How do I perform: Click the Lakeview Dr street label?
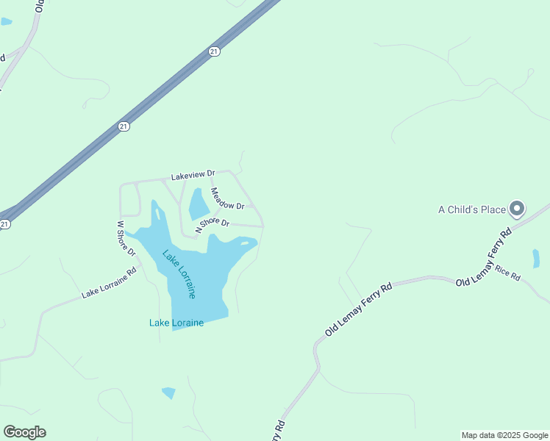tap(193, 176)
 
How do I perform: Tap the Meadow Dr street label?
tap(226, 199)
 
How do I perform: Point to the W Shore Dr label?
tap(126, 238)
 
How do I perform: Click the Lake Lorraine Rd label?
tap(109, 282)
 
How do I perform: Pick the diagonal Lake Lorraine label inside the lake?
tap(179, 274)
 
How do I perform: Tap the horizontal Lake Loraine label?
tap(176, 322)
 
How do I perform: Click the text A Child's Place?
tap(472, 209)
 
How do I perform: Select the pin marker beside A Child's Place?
tap(517, 209)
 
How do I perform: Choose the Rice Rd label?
tap(507, 273)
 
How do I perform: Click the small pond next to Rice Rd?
tap(536, 259)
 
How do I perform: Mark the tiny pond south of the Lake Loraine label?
tap(169, 392)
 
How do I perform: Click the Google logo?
tap(24, 432)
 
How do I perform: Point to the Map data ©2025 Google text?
tap(504, 435)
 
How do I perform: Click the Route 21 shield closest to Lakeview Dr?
tap(124, 126)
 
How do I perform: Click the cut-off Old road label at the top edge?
tap(40, 7)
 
